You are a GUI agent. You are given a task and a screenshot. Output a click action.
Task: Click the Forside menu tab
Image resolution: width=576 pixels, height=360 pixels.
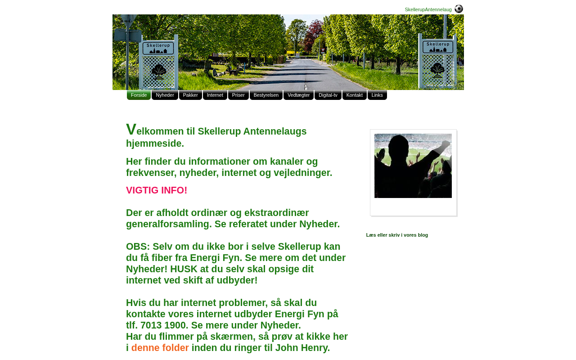tap(139, 95)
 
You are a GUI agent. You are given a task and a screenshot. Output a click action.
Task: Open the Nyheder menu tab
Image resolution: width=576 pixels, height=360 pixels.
tap(165, 95)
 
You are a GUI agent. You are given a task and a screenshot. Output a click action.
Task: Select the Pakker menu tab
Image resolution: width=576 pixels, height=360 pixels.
tap(190, 95)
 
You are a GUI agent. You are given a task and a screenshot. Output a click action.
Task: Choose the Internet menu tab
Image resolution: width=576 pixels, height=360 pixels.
tap(215, 95)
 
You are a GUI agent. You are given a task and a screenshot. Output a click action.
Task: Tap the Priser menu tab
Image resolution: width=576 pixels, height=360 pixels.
tap(238, 95)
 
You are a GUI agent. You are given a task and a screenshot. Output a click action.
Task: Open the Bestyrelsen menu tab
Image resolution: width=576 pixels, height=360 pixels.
tap(266, 95)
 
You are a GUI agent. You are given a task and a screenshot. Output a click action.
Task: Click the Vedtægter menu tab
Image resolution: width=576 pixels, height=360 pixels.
tap(298, 95)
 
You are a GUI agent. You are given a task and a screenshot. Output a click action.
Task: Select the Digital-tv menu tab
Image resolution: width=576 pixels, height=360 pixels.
tap(328, 95)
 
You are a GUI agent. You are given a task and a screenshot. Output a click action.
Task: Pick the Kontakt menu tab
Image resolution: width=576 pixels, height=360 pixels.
tap(355, 95)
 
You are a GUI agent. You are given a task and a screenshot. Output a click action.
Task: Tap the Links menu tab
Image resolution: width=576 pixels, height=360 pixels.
tap(377, 95)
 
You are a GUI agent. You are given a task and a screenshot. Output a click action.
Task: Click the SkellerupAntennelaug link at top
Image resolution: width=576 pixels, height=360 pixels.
tap(428, 9)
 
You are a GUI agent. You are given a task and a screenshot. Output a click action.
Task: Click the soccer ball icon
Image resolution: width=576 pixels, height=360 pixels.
tap(459, 9)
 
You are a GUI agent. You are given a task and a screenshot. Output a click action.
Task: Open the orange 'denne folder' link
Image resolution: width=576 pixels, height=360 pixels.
tap(160, 348)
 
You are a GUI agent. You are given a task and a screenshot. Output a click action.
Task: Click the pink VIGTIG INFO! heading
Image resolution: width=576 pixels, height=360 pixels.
tap(157, 190)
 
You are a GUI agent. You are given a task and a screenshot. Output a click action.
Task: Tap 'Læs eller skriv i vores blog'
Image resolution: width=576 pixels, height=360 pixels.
tap(397, 235)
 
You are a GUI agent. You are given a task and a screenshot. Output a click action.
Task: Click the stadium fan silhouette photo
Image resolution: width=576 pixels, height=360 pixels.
tap(413, 166)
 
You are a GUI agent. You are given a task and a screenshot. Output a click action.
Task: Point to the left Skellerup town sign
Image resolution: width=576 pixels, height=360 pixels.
tap(158, 47)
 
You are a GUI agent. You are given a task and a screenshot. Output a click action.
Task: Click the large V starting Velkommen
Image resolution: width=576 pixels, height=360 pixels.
tap(131, 130)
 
